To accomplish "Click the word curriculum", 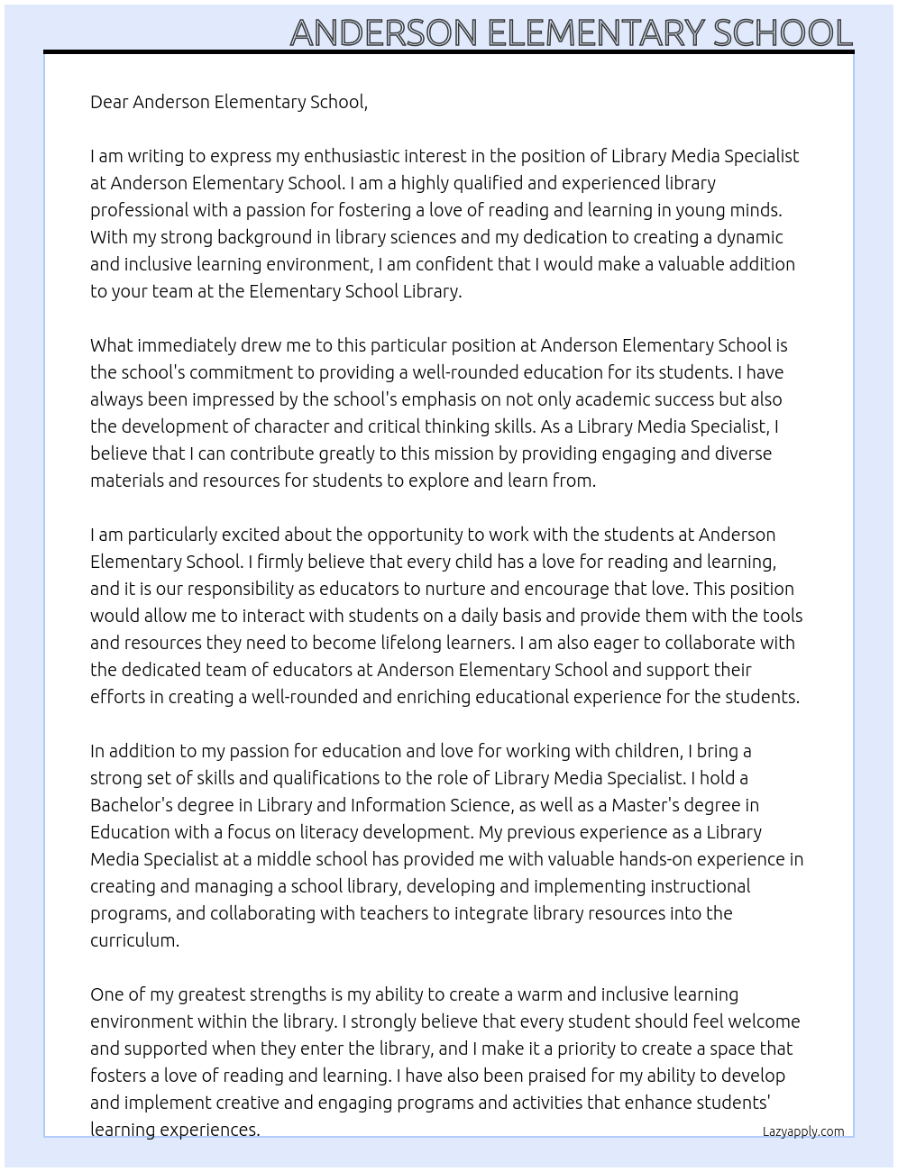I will click(133, 940).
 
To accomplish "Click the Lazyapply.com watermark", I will click(803, 1131).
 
